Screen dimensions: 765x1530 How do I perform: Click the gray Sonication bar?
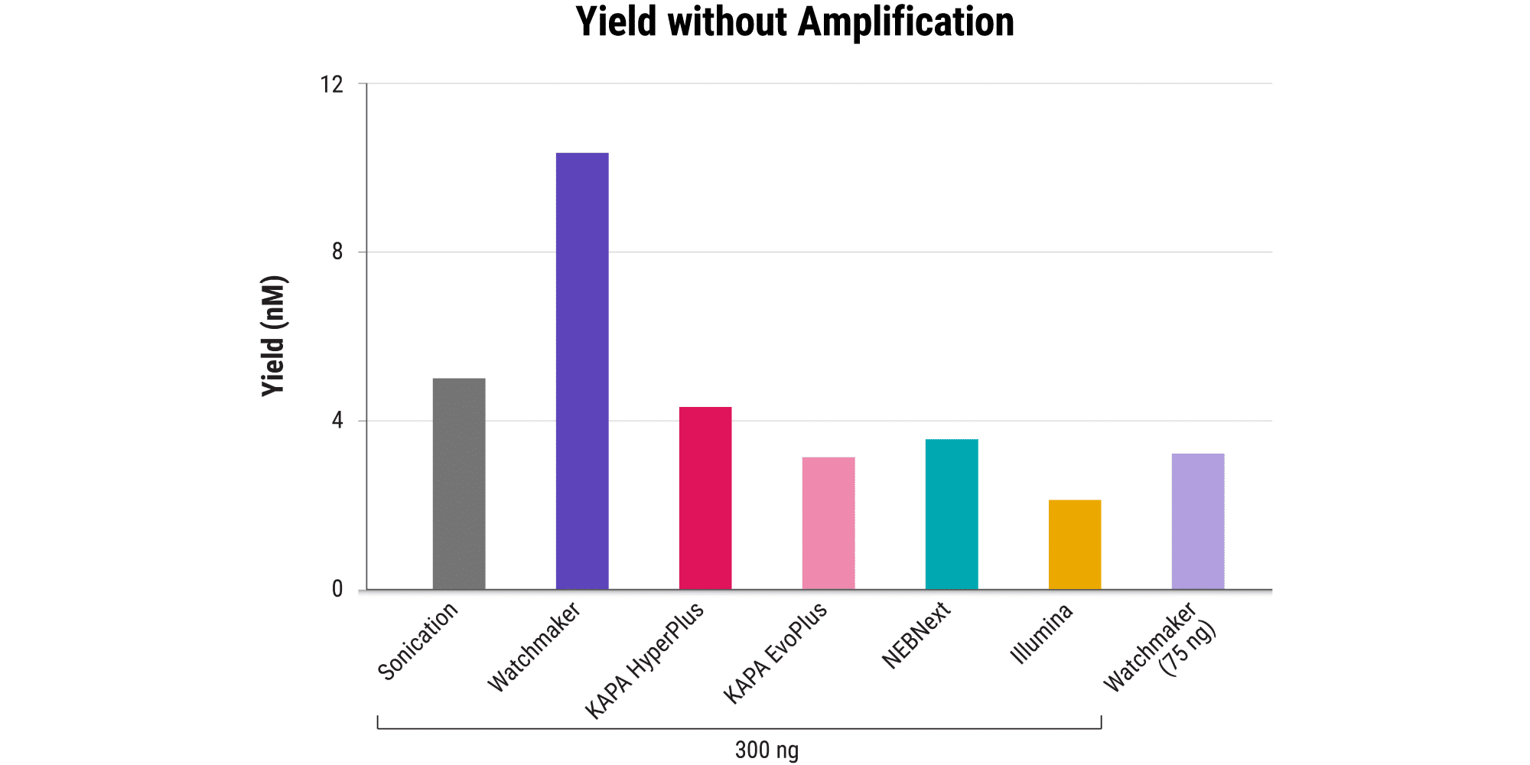(x=459, y=483)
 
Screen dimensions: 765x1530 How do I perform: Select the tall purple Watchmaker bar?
(x=582, y=371)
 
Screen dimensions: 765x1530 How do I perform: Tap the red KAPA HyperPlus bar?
(x=705, y=498)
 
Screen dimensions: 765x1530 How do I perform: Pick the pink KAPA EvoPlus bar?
(x=828, y=523)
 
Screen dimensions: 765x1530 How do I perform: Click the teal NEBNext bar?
(x=952, y=514)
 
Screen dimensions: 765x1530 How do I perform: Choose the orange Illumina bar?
(x=1075, y=545)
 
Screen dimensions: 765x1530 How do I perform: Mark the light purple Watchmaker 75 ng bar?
(x=1198, y=522)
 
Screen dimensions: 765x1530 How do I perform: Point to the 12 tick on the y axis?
(x=332, y=84)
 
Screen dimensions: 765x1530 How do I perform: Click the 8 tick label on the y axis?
(x=337, y=252)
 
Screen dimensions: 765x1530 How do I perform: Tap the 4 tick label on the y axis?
(x=337, y=421)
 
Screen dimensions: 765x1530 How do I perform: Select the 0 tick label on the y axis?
(x=337, y=589)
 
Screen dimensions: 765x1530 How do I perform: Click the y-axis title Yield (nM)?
(x=274, y=337)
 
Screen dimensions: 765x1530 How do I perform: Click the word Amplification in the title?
(x=906, y=21)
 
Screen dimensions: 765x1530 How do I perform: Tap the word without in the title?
(x=728, y=21)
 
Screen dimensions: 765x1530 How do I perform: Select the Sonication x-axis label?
(x=418, y=641)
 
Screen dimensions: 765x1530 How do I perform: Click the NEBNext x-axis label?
(x=916, y=636)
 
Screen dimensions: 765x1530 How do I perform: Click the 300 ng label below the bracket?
(x=767, y=750)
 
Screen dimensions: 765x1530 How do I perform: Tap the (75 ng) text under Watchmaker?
(x=1187, y=649)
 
